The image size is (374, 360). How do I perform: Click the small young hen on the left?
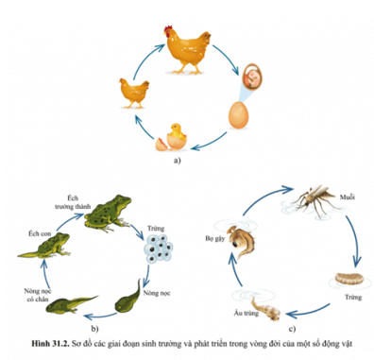[x=131, y=90]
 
